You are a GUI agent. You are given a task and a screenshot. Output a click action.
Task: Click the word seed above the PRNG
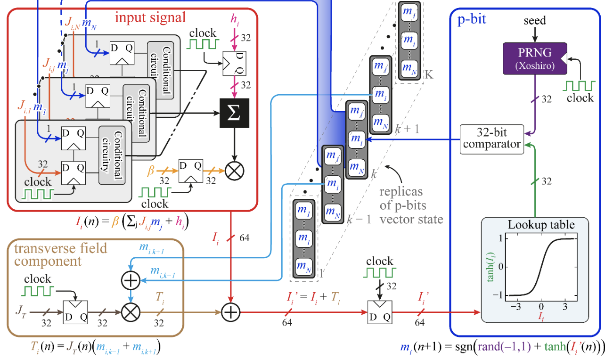point(534,21)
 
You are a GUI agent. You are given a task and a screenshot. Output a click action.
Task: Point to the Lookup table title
point(541,225)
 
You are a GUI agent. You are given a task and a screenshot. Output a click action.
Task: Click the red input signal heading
point(151,18)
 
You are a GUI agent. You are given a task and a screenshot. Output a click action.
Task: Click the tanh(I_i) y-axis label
point(491,266)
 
